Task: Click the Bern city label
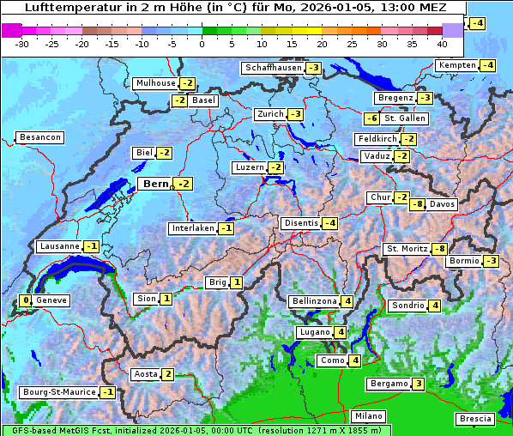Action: [155, 184]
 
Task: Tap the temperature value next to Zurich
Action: [296, 114]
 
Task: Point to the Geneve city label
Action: [51, 300]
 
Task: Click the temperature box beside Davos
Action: [417, 204]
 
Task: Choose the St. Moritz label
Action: [407, 249]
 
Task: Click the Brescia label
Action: [475, 419]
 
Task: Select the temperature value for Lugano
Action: [341, 332]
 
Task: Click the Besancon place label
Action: [39, 137]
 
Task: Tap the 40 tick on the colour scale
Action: [442, 43]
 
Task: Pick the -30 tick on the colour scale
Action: [22, 43]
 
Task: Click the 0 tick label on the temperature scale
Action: [202, 43]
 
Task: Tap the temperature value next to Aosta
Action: [168, 374]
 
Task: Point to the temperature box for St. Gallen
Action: [371, 118]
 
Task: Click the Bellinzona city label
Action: [313, 301]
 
